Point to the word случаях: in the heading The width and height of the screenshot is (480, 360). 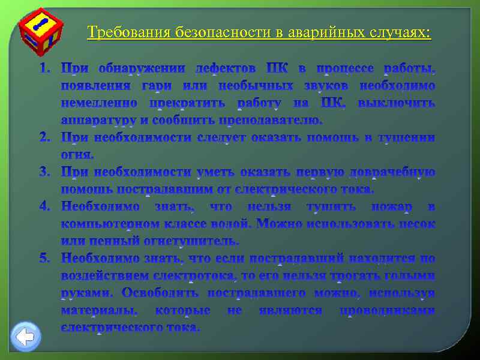click(401, 32)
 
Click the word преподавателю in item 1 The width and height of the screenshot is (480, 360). click(273, 120)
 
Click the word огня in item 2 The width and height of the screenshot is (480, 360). click(76, 155)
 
